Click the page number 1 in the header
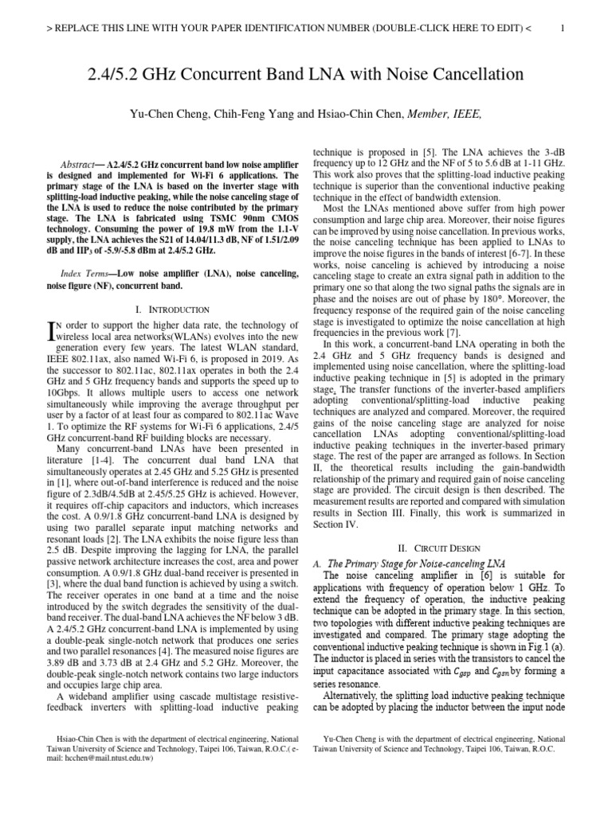click(x=563, y=29)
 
